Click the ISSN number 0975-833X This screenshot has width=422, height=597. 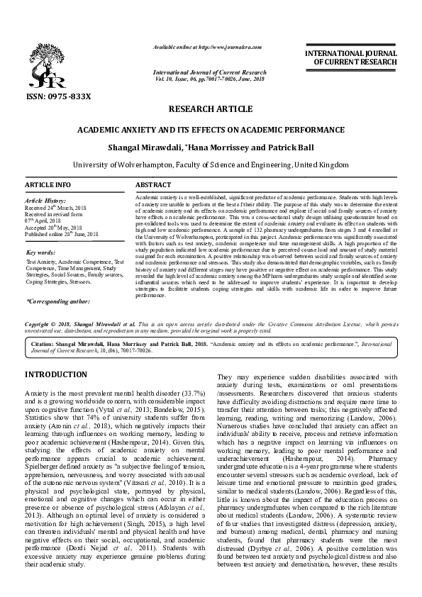[x=57, y=96]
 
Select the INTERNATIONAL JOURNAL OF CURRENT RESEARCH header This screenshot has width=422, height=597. [x=350, y=57]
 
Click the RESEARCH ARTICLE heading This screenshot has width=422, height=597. [x=210, y=109]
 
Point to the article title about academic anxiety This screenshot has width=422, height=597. [x=211, y=130]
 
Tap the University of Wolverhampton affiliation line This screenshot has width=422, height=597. [x=211, y=164]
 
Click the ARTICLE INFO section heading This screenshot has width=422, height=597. [x=48, y=184]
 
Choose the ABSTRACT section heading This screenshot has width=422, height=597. [x=153, y=184]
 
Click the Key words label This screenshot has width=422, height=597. [x=40, y=252]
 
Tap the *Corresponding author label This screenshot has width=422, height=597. [x=60, y=301]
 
